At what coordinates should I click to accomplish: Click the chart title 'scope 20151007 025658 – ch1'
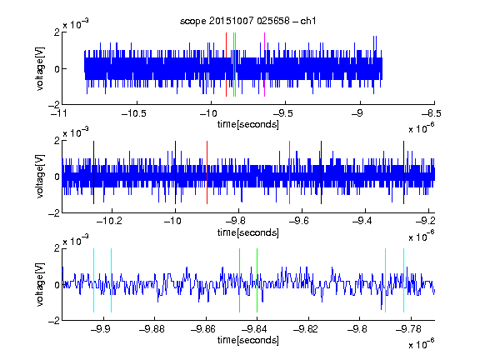click(247, 21)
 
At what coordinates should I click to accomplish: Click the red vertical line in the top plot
click(226, 65)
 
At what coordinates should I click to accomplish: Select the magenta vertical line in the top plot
click(264, 65)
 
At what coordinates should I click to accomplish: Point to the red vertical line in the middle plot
click(207, 172)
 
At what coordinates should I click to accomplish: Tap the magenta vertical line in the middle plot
click(290, 172)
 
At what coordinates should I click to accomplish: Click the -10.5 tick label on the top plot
click(134, 113)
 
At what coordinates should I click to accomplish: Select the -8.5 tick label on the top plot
click(432, 113)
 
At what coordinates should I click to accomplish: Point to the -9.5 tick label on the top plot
click(282, 113)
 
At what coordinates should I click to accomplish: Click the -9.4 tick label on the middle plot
click(362, 221)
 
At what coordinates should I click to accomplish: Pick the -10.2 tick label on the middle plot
click(109, 221)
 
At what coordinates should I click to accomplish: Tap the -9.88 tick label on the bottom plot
click(152, 329)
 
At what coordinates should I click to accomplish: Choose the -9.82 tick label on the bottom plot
click(306, 329)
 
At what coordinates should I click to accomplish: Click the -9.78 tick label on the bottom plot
click(408, 329)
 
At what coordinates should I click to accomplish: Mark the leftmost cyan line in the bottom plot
click(93, 280)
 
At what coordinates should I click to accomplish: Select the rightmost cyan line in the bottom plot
click(403, 280)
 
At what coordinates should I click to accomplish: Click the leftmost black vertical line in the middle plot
click(93, 172)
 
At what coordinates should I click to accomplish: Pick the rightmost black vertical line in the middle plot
click(403, 172)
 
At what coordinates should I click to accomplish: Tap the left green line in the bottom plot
click(239, 280)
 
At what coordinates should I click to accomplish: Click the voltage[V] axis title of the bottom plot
click(40, 284)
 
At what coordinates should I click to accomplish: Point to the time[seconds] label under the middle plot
click(248, 232)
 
